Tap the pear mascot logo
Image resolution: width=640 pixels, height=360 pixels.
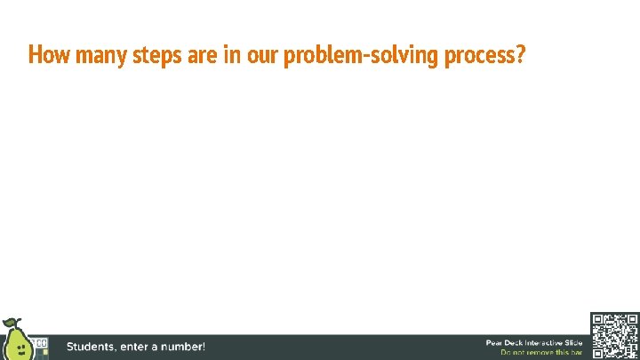[x=15, y=341]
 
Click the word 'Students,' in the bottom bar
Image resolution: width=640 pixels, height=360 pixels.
[x=93, y=347]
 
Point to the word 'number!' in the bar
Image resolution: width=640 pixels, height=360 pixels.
[x=181, y=347]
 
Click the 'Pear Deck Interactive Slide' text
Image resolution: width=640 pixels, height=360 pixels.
[x=533, y=342]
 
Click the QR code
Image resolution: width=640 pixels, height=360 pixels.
[x=613, y=336]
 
